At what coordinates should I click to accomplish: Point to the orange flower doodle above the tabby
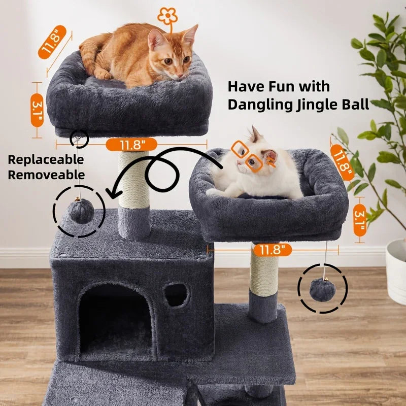pos(167,16)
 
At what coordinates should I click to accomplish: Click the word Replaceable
pos(46,160)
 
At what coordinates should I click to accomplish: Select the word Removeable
pos(46,176)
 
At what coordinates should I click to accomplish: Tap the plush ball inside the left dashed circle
pos(79,212)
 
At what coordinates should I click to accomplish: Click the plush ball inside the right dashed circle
pos(322,290)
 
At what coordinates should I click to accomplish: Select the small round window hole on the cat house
pos(176,295)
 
